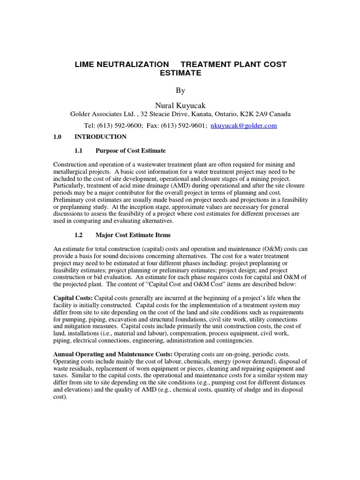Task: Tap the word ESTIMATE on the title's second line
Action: [180, 73]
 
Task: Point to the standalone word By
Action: [180, 90]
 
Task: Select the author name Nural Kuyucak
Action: [180, 105]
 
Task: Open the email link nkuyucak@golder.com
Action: [244, 126]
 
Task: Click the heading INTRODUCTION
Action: [100, 137]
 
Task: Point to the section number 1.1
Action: [79, 151]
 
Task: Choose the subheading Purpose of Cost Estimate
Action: [131, 151]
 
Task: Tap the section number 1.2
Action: [79, 235]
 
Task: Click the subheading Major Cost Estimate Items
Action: [133, 235]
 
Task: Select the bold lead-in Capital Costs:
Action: [73, 298]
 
